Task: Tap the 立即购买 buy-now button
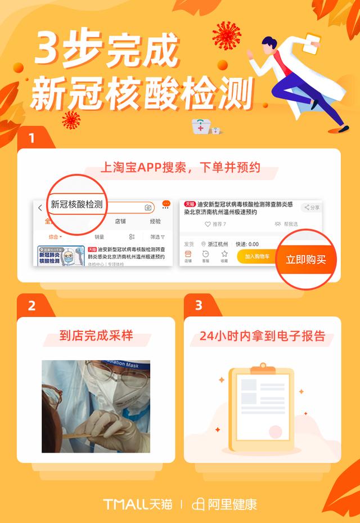(x=305, y=260)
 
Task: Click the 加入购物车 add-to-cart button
(x=255, y=256)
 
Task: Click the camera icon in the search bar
(x=148, y=208)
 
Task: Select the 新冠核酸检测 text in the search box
(x=76, y=204)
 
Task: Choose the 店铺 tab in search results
(x=120, y=221)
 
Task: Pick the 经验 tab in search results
(x=155, y=221)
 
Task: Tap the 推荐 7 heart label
(x=215, y=224)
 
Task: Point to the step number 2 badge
(x=31, y=306)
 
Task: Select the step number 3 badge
(x=198, y=306)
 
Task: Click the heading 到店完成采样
(x=96, y=336)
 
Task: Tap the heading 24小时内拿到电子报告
(x=263, y=336)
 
